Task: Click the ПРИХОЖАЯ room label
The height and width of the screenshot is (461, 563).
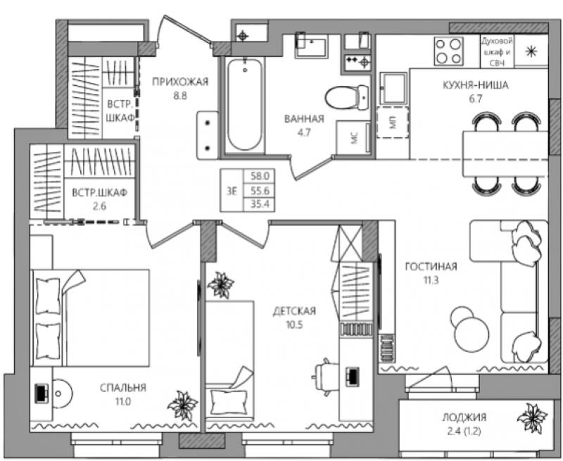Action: pos(180,82)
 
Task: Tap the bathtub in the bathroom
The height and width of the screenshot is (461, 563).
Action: pos(245,104)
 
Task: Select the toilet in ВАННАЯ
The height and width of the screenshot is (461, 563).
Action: pos(347,97)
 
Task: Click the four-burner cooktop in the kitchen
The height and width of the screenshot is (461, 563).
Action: pos(448,51)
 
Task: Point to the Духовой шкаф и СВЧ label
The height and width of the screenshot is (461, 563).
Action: pos(498,51)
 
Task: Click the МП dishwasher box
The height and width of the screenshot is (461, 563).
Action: pos(393,122)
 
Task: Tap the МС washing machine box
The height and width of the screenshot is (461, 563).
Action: pos(353,138)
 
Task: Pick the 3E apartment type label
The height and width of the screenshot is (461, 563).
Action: pos(232,191)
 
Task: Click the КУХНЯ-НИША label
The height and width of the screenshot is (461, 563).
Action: pos(476,85)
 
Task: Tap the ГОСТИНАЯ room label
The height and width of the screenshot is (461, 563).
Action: pos(431,267)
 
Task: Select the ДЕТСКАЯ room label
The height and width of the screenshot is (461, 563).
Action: pos(294,311)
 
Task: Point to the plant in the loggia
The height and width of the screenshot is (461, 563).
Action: pos(533,419)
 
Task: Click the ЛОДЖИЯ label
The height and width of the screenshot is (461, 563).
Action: pos(464,417)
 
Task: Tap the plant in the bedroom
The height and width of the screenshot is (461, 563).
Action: pos(183,405)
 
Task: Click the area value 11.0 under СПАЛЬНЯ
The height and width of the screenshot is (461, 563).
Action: pos(122,401)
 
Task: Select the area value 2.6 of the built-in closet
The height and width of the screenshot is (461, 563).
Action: pos(99,206)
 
